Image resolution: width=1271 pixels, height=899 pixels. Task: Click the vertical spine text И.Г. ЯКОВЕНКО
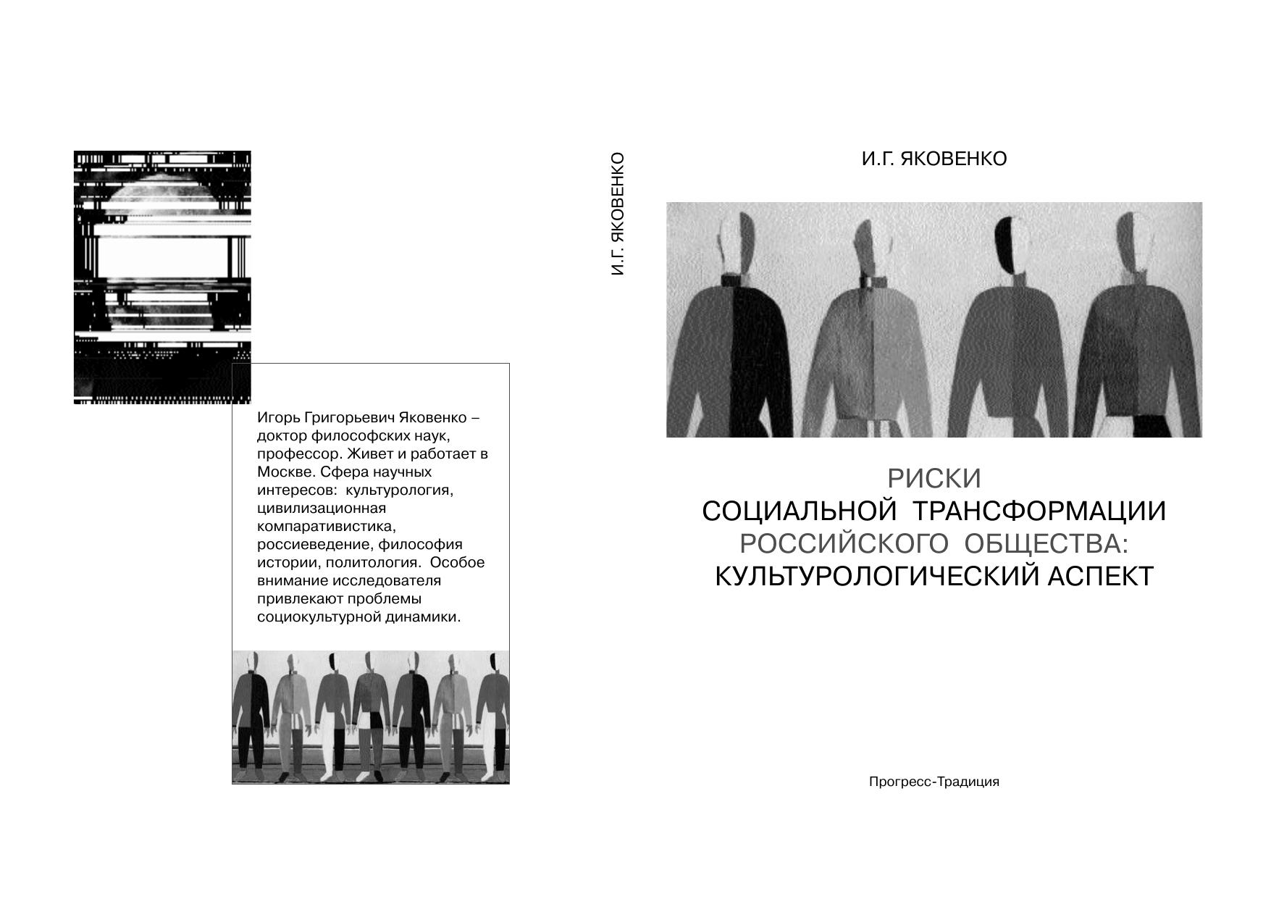pyautogui.click(x=617, y=214)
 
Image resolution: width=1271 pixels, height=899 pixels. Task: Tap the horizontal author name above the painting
pyautogui.click(x=934, y=159)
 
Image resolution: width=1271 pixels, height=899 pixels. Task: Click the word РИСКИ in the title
pyautogui.click(x=934, y=479)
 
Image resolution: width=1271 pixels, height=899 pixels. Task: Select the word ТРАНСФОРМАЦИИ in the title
pyautogui.click(x=1039, y=511)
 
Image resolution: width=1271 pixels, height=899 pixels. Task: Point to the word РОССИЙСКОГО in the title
pyautogui.click(x=844, y=544)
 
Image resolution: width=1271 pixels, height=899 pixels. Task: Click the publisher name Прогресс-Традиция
pyautogui.click(x=934, y=782)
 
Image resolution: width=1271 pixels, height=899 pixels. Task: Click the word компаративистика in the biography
pyautogui.click(x=327, y=527)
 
